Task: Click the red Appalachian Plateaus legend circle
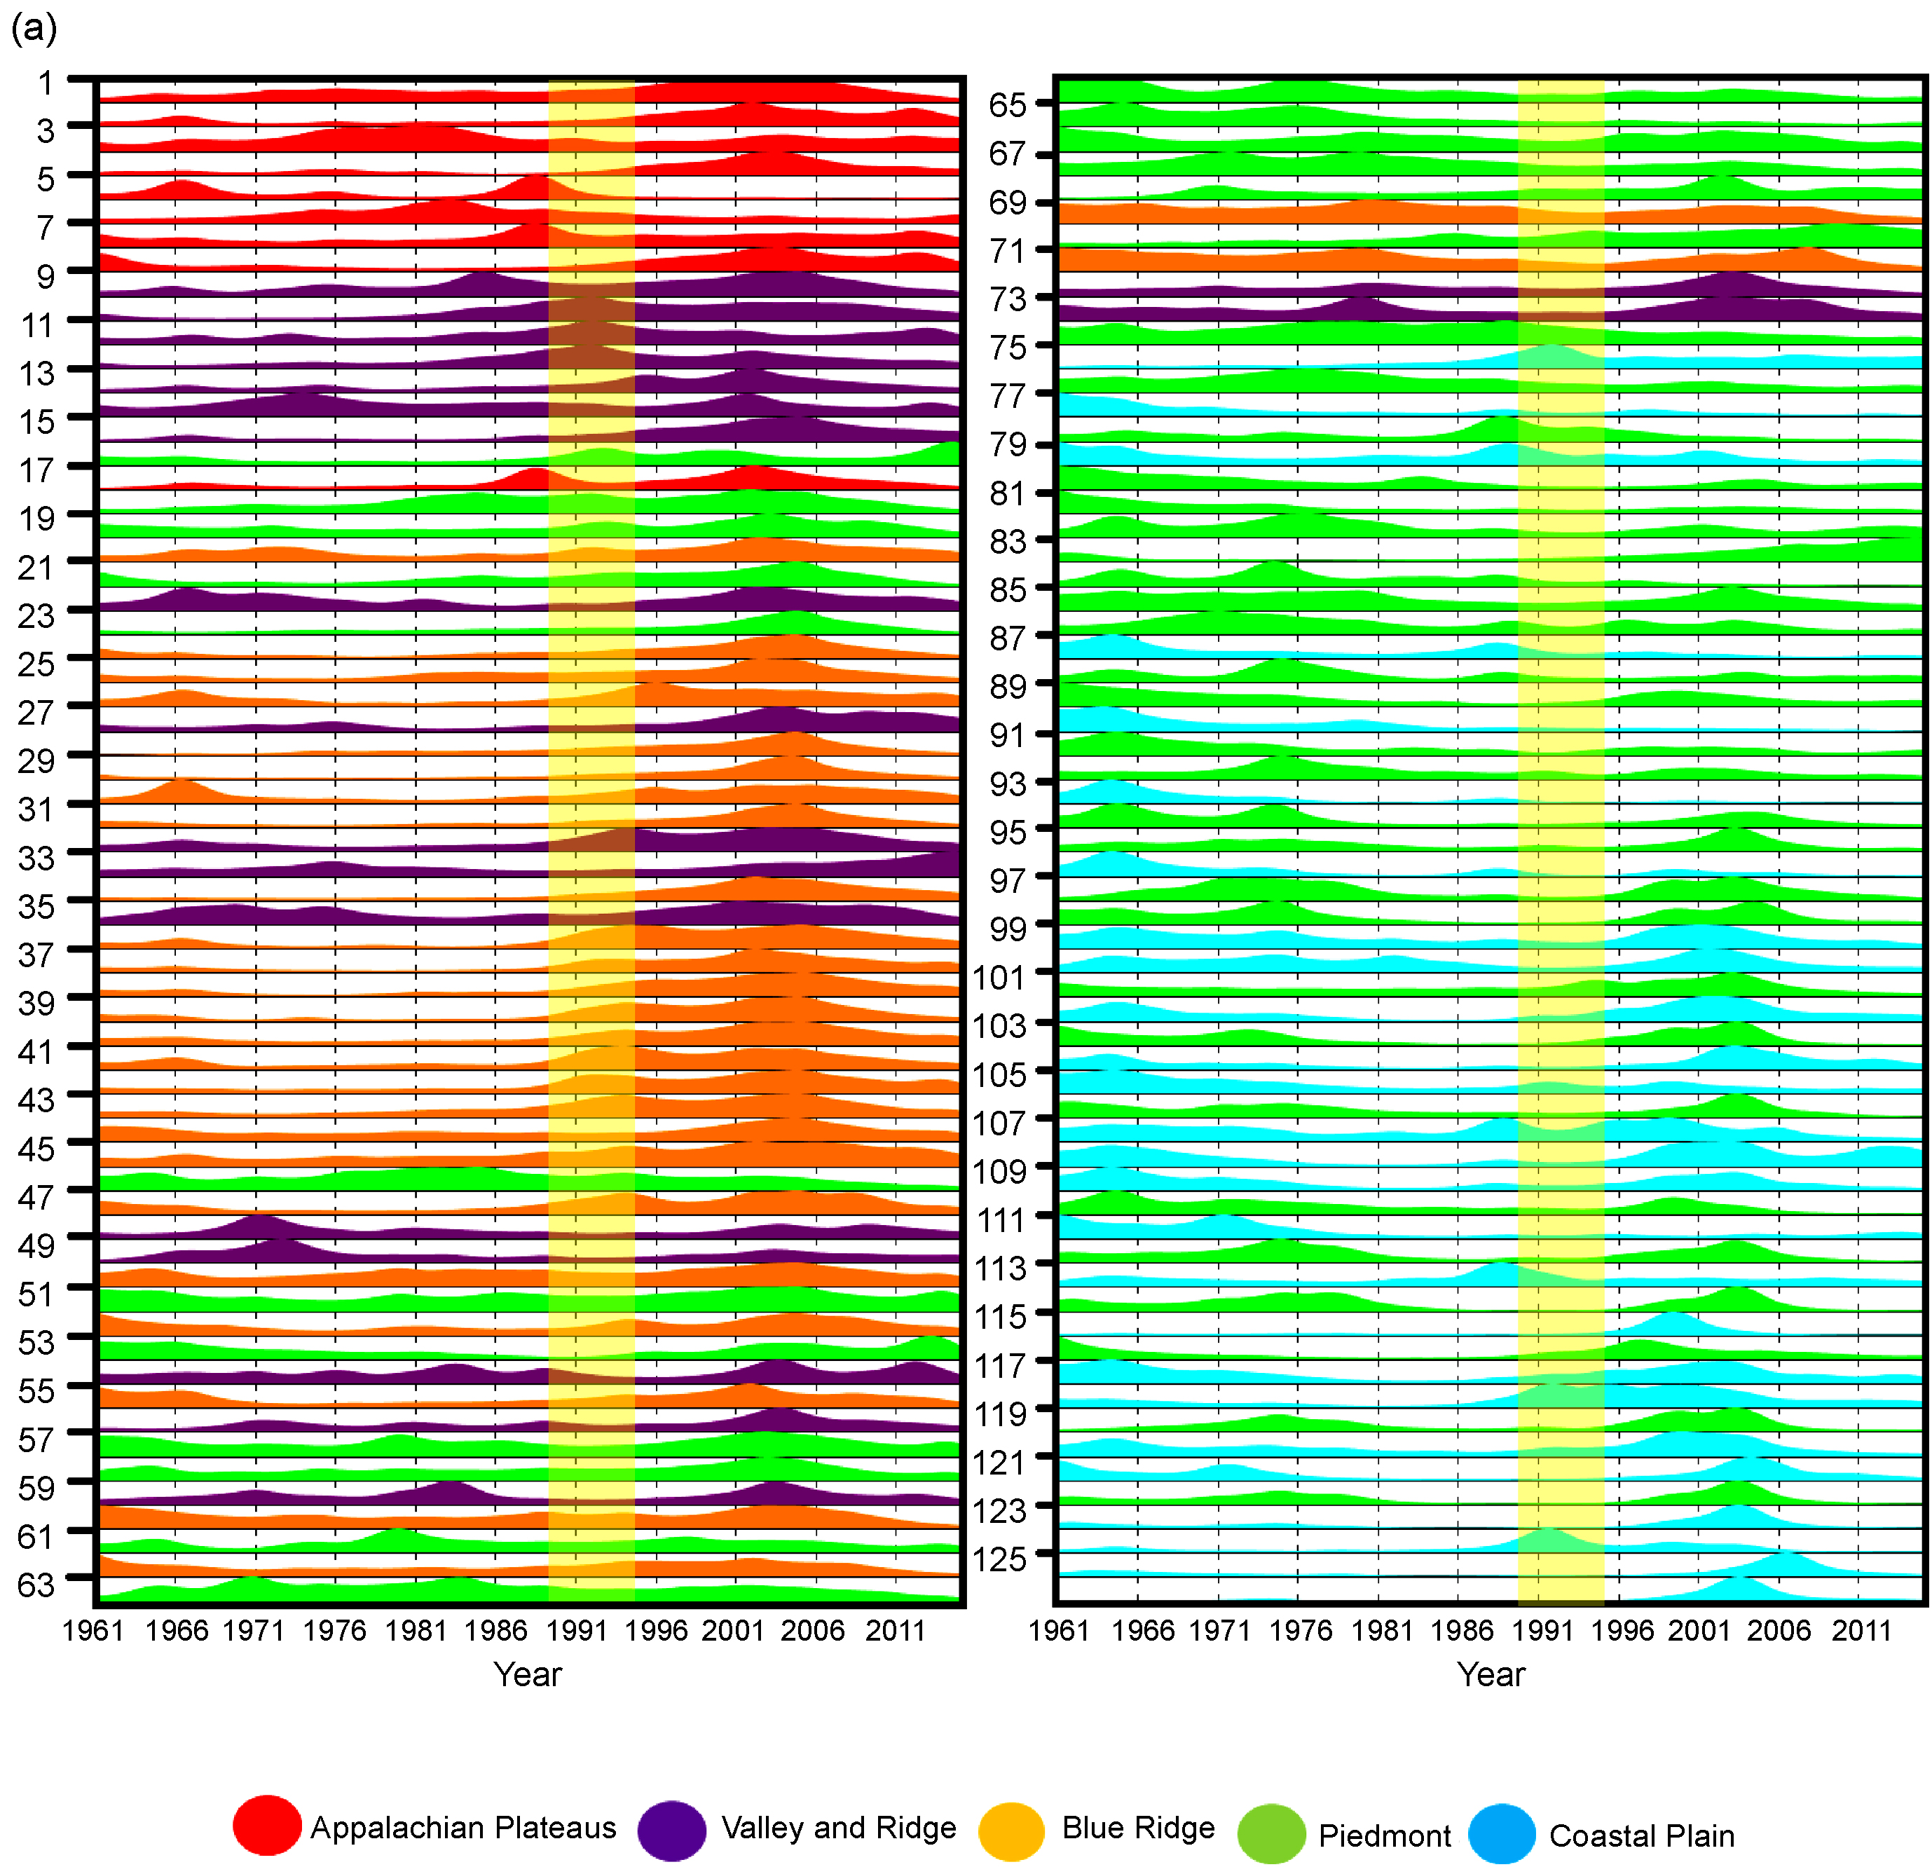(x=266, y=1825)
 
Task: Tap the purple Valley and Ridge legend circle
(x=671, y=1831)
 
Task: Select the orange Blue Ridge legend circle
(x=1010, y=1831)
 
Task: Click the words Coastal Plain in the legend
(x=1641, y=1835)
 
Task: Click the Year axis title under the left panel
(x=528, y=1674)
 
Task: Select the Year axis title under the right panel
(x=1491, y=1674)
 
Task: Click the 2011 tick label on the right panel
(x=1861, y=1629)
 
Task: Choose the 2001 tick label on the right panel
(x=1699, y=1629)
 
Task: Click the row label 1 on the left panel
(x=46, y=83)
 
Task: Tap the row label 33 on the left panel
(x=36, y=858)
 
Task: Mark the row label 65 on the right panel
(x=1008, y=104)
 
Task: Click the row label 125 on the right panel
(x=999, y=1559)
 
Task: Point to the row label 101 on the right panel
(x=999, y=977)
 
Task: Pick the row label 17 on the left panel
(x=36, y=470)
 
